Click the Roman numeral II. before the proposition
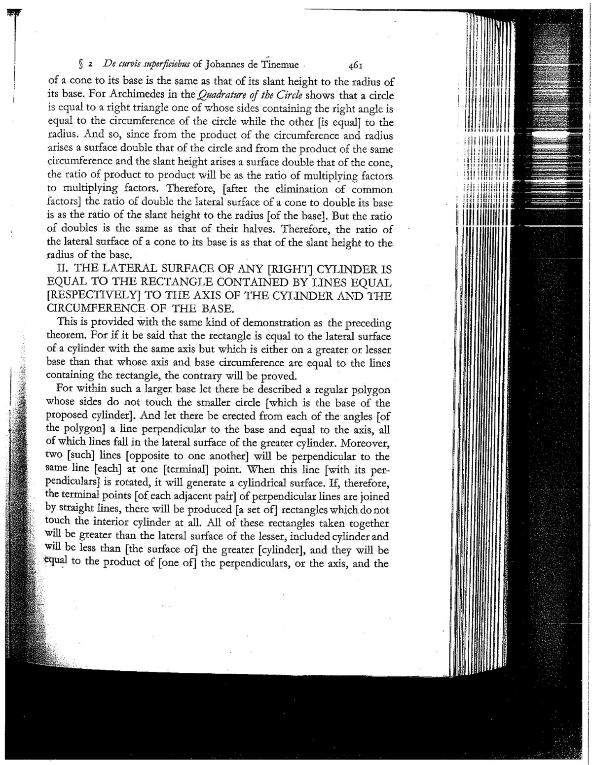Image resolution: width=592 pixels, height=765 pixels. [x=65, y=270]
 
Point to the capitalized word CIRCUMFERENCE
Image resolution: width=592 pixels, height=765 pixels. [x=92, y=310]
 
